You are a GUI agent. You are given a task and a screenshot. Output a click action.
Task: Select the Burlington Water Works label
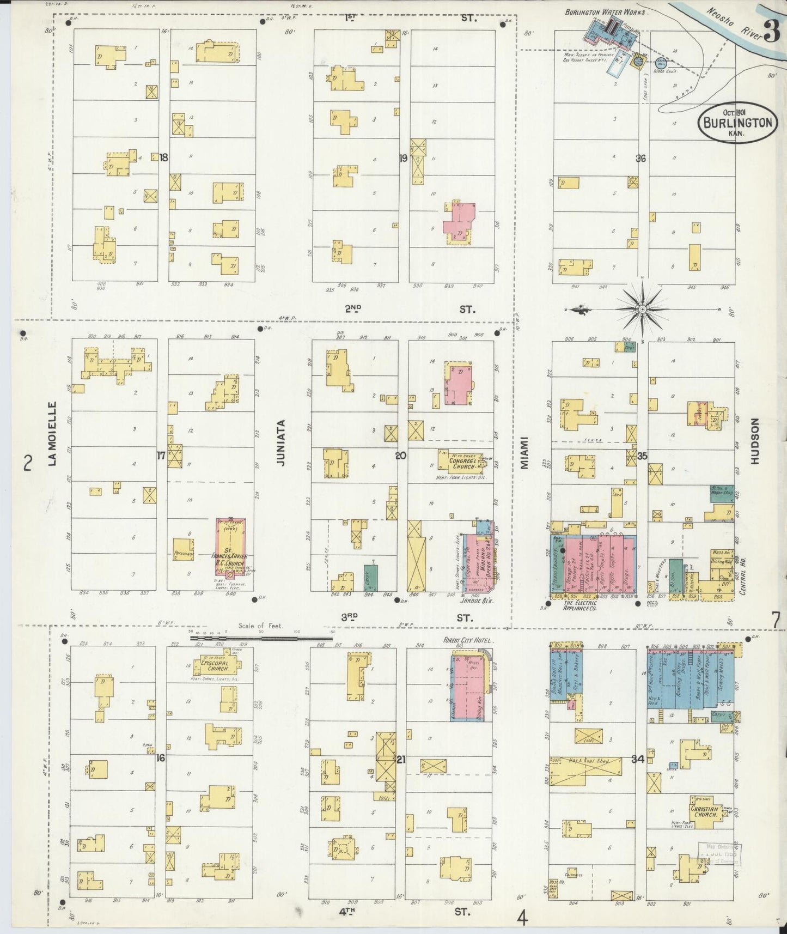click(x=605, y=12)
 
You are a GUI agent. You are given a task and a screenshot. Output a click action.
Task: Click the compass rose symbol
click(x=643, y=309)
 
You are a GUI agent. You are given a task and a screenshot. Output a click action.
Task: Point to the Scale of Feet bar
click(x=261, y=637)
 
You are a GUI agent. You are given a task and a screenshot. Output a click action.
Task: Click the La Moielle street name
click(x=52, y=433)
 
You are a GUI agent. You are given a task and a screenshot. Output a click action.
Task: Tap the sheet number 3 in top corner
click(x=771, y=31)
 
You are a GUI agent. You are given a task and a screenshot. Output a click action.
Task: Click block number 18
click(x=163, y=157)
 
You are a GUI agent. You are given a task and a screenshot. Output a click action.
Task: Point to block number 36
click(x=640, y=159)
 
